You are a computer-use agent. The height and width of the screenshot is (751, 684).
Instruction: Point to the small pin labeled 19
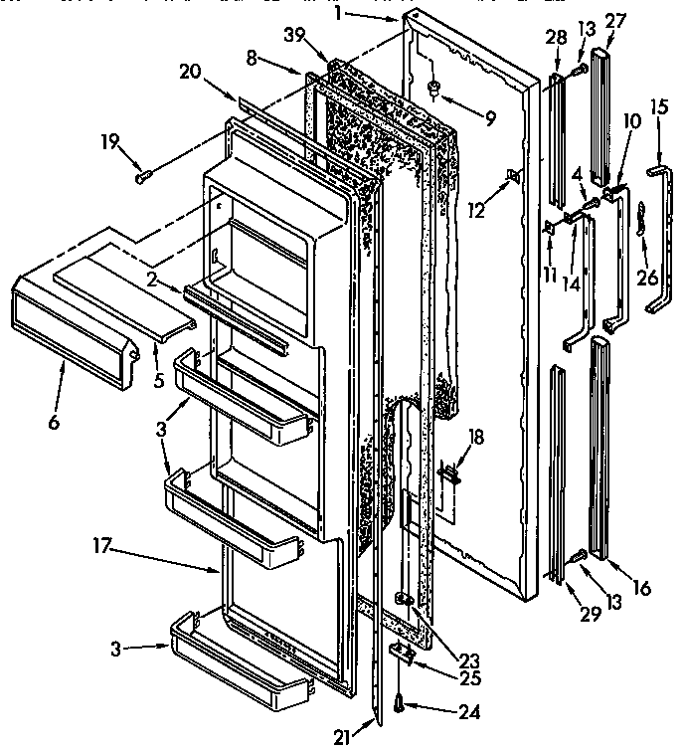141,177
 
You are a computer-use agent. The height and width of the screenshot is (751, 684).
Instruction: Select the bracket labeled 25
402,653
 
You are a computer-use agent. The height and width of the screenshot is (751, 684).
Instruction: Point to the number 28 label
556,38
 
